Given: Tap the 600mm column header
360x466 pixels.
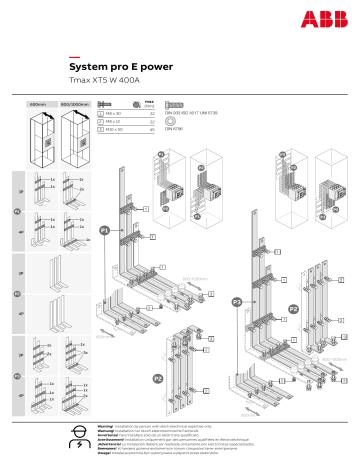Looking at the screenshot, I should pos(37,104).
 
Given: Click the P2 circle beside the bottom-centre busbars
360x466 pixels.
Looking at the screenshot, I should pos(158,378).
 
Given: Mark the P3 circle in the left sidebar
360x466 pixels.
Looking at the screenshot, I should pos(15,375).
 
